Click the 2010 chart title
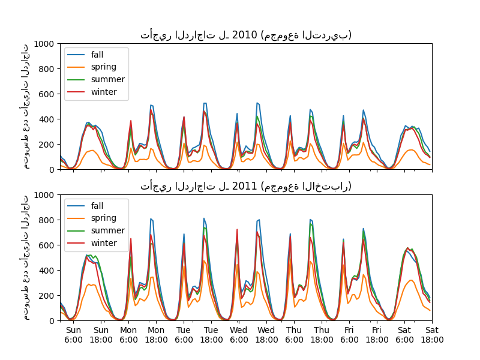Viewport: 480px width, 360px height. click(246, 35)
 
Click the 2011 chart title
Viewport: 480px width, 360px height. click(246, 186)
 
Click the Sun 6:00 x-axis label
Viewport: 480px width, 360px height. click(73, 335)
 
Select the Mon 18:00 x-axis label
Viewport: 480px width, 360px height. click(156, 335)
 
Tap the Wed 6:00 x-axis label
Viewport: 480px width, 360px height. click(239, 335)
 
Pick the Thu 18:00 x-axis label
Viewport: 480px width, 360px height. click(322, 335)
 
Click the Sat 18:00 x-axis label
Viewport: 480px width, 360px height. click(432, 335)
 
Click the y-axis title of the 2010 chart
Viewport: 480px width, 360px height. click(26, 106)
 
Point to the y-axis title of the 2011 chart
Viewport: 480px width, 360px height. click(26, 257)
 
